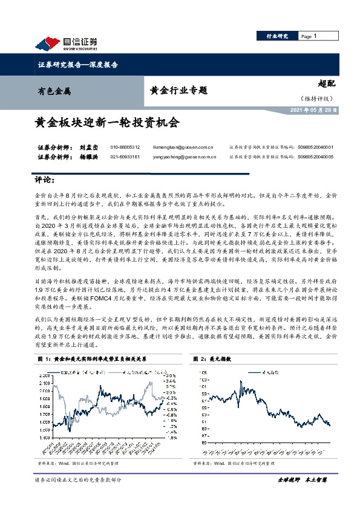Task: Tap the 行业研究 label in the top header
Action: pyautogui.click(x=278, y=37)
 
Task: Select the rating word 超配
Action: pyautogui.click(x=326, y=85)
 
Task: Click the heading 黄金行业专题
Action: pyautogui.click(x=178, y=91)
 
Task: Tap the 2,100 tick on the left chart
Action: pyautogui.click(x=44, y=375)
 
